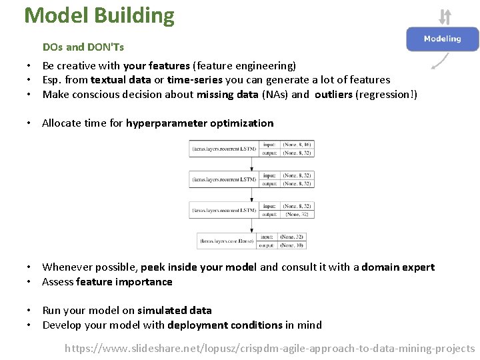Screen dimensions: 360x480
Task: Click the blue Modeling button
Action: pyautogui.click(x=442, y=39)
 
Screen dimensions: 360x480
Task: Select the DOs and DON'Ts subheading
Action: pyautogui.click(x=83, y=47)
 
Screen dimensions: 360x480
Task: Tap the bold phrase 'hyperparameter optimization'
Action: pyautogui.click(x=199, y=123)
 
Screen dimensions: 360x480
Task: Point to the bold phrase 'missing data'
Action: pyautogui.click(x=227, y=95)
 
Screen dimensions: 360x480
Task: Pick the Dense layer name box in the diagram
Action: pyautogui.click(x=227, y=241)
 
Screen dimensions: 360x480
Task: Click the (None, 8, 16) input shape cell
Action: pyautogui.click(x=297, y=144)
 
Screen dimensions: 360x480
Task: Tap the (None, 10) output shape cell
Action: pyautogui.click(x=293, y=245)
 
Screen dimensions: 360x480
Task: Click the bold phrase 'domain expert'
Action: pyautogui.click(x=398, y=267)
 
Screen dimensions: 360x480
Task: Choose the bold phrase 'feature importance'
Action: pyautogui.click(x=124, y=282)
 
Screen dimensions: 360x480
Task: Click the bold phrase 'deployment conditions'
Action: pyautogui.click(x=225, y=325)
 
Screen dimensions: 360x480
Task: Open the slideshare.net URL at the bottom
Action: pyautogui.click(x=270, y=349)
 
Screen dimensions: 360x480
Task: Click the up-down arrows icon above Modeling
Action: pyautogui.click(x=445, y=16)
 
